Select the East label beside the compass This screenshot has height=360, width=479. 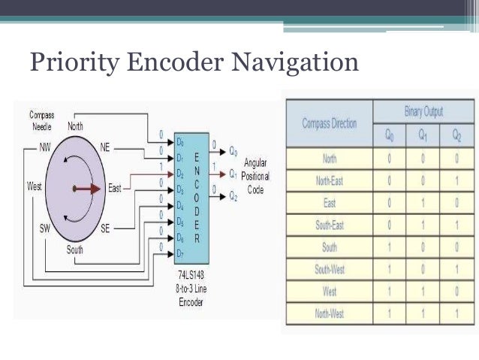[114, 188]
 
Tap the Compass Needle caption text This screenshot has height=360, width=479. [41, 120]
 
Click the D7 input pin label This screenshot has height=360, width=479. [180, 247]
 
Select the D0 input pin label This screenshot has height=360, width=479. [180, 141]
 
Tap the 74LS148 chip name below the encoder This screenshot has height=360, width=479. [191, 275]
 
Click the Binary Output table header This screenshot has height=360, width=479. [424, 112]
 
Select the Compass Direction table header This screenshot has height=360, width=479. [329, 123]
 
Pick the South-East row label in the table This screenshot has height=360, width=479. [329, 224]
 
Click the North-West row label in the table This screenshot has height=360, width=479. [329, 311]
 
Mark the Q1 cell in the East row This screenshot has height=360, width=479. [425, 202]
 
